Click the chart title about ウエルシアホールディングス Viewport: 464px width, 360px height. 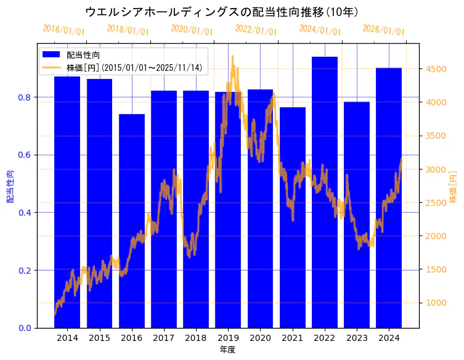coord(222,12)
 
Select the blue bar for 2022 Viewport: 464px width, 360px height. coord(324,192)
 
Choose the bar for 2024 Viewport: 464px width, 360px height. coord(389,197)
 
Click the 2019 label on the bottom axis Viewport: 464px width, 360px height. coord(228,338)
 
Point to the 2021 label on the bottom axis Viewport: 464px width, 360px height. coord(292,338)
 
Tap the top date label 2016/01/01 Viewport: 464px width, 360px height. coord(63,30)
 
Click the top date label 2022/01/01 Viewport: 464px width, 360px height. coord(256,30)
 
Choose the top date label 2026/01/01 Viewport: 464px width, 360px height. coord(383,30)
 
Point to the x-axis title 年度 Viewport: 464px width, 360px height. coord(227,350)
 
